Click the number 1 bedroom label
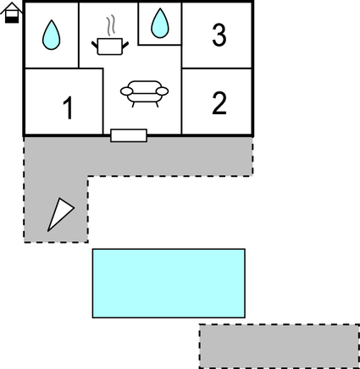[68, 107]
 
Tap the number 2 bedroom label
[219, 103]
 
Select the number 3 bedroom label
[219, 35]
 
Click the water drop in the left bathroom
[51, 35]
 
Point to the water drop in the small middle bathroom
[160, 23]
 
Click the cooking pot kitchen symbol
[110, 47]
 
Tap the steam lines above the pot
[111, 25]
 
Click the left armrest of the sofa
[126, 91]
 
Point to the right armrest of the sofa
[163, 91]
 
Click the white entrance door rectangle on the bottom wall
[129, 135]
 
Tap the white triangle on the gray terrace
[60, 213]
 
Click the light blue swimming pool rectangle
[169, 284]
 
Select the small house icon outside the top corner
[12, 13]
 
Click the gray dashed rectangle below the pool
[280, 346]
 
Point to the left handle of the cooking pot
[95, 45]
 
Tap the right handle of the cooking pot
[125, 45]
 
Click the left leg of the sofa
[133, 105]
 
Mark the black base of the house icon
[12, 19]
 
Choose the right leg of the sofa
[157, 105]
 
